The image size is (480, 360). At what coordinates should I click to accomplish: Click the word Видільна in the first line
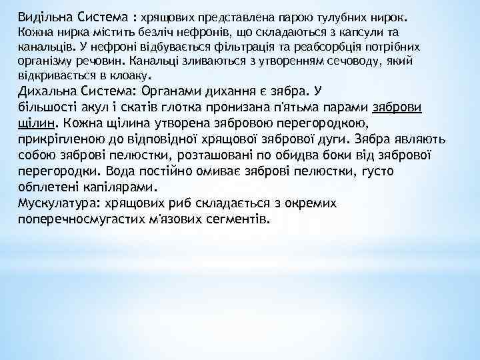tap(41, 14)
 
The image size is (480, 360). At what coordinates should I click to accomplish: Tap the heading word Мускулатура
tap(61, 202)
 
